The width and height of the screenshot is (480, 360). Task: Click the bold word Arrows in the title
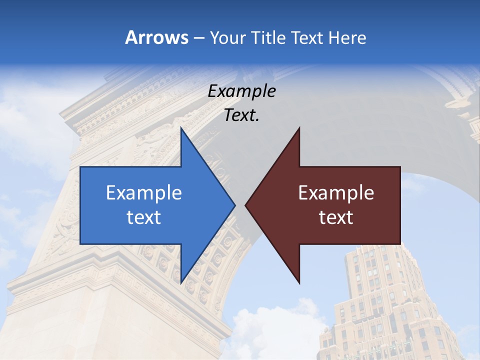click(x=156, y=37)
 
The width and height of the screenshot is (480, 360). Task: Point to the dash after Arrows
click(x=198, y=38)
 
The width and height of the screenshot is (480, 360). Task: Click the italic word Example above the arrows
click(x=242, y=91)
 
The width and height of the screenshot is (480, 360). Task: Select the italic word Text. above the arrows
click(x=241, y=115)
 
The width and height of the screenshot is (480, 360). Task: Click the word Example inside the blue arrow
click(x=144, y=192)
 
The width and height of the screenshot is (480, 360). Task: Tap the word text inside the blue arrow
click(x=144, y=217)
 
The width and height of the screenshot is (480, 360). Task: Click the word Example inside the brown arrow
click(x=336, y=192)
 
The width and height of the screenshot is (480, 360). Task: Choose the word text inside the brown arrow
click(x=336, y=217)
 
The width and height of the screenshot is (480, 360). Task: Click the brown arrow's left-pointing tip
click(x=246, y=205)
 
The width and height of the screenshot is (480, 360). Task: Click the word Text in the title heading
click(x=307, y=37)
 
